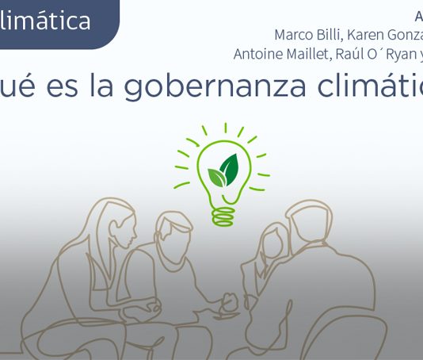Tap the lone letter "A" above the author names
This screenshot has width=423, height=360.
pos(418,17)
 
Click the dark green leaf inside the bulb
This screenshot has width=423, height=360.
pos(229,168)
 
